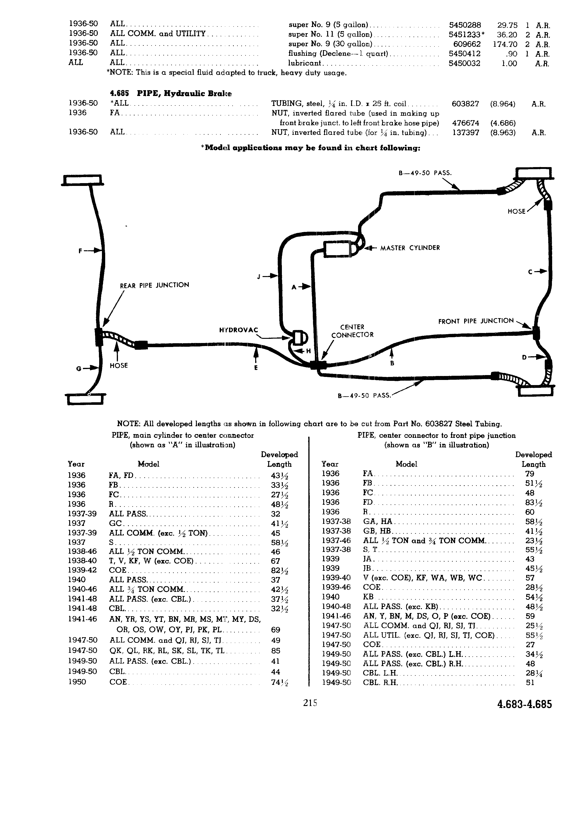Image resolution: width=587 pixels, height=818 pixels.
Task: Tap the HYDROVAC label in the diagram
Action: coord(238,330)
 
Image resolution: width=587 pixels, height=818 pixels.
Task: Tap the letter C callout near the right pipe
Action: coord(530,272)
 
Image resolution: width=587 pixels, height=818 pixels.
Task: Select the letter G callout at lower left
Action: coord(78,368)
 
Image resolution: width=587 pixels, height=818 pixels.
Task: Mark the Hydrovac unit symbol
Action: coord(299,338)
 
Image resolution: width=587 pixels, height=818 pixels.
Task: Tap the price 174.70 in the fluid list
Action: coord(505,44)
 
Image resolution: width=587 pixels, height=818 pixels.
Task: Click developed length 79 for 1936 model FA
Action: coord(530,474)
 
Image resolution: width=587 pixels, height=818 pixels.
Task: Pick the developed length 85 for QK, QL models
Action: coord(275,651)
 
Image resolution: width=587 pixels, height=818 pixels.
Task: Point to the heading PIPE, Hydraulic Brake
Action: coord(171,93)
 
